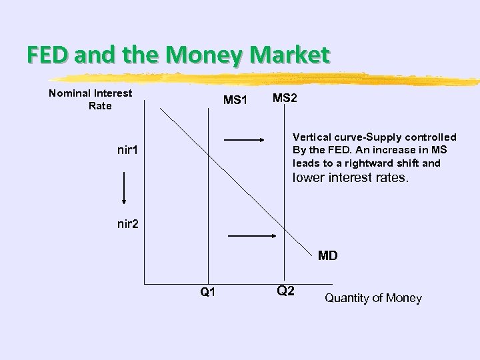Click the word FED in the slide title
49,55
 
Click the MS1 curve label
235,101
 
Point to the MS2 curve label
285,99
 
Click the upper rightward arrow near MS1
245,140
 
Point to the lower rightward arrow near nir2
252,235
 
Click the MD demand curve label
327,255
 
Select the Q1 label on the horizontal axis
208,292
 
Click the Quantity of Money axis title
373,298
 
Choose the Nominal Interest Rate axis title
91,99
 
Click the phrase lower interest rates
350,178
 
